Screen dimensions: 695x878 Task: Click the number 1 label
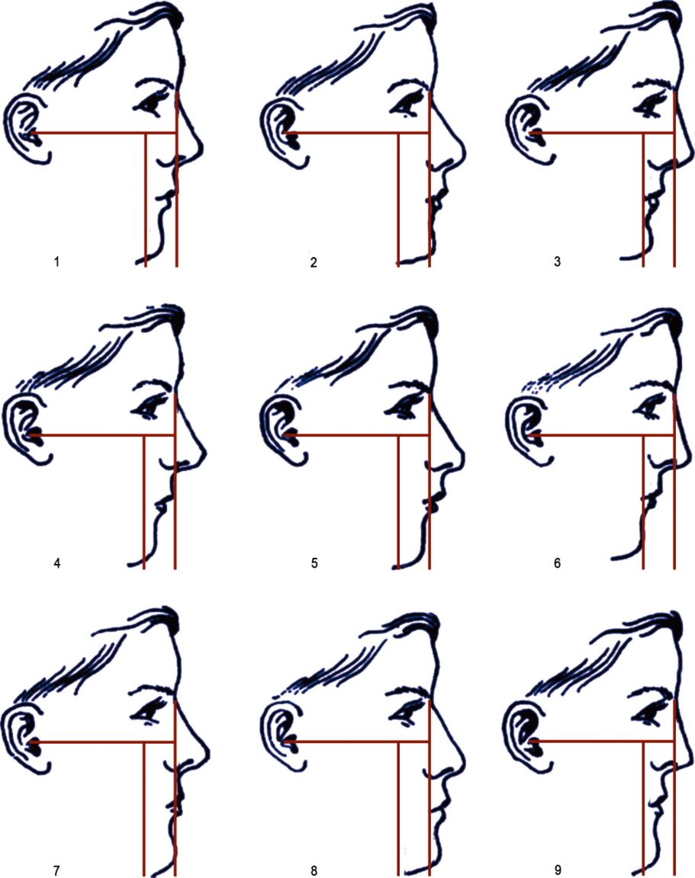coord(56,261)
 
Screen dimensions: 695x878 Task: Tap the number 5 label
coord(314,562)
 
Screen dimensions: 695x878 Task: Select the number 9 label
coord(557,870)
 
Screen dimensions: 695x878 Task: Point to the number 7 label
coord(56,870)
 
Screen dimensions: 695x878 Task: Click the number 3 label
coord(557,261)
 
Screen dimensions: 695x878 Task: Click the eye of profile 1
coord(150,104)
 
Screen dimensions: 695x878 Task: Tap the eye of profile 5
coord(403,407)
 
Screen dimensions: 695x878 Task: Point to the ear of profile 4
coord(27,431)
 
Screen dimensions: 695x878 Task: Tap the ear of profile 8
coord(282,738)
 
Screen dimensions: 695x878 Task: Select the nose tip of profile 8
coord(463,759)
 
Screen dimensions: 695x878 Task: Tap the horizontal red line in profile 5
coord(357,435)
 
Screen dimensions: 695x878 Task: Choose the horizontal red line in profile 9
coord(602,742)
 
